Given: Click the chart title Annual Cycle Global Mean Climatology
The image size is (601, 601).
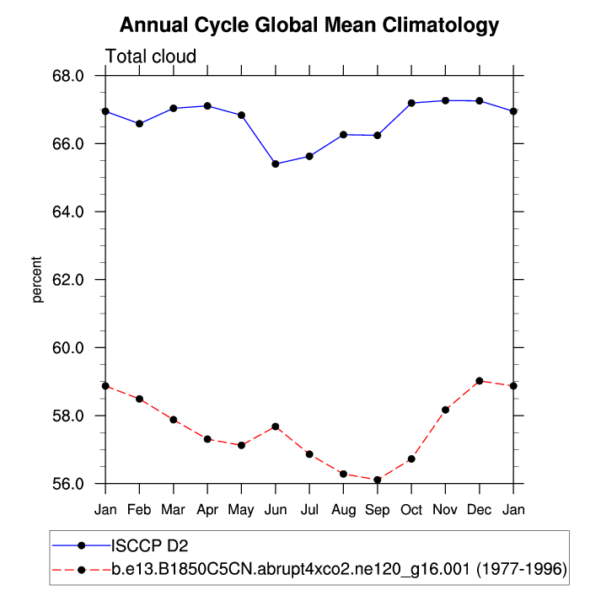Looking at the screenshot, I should (309, 25).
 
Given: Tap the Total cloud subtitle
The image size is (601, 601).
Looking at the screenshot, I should (150, 56).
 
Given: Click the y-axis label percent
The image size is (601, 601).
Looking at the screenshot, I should (37, 279).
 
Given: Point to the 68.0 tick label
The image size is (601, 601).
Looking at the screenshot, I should (67, 76).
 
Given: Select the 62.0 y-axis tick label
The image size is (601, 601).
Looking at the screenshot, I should (67, 280).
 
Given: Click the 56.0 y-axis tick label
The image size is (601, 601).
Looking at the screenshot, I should (67, 484).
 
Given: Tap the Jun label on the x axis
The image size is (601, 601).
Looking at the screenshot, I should (276, 510).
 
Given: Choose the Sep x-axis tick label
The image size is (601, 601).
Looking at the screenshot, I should (378, 510).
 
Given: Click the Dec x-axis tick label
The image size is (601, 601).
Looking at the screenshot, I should (480, 510).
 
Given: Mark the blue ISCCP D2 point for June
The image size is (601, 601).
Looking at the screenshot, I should (276, 164).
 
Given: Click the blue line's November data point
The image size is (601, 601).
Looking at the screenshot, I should (446, 100).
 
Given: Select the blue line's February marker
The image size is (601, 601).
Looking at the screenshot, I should (140, 124).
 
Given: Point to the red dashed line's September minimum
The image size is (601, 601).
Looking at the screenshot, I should (378, 480).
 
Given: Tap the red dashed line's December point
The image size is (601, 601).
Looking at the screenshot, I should (480, 381).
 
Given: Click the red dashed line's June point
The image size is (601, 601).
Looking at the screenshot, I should (276, 427).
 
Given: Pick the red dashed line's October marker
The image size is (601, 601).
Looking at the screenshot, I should (411, 459).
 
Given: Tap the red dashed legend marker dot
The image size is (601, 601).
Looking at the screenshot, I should (82, 570).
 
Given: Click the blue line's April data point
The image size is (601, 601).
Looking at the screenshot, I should (207, 105).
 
